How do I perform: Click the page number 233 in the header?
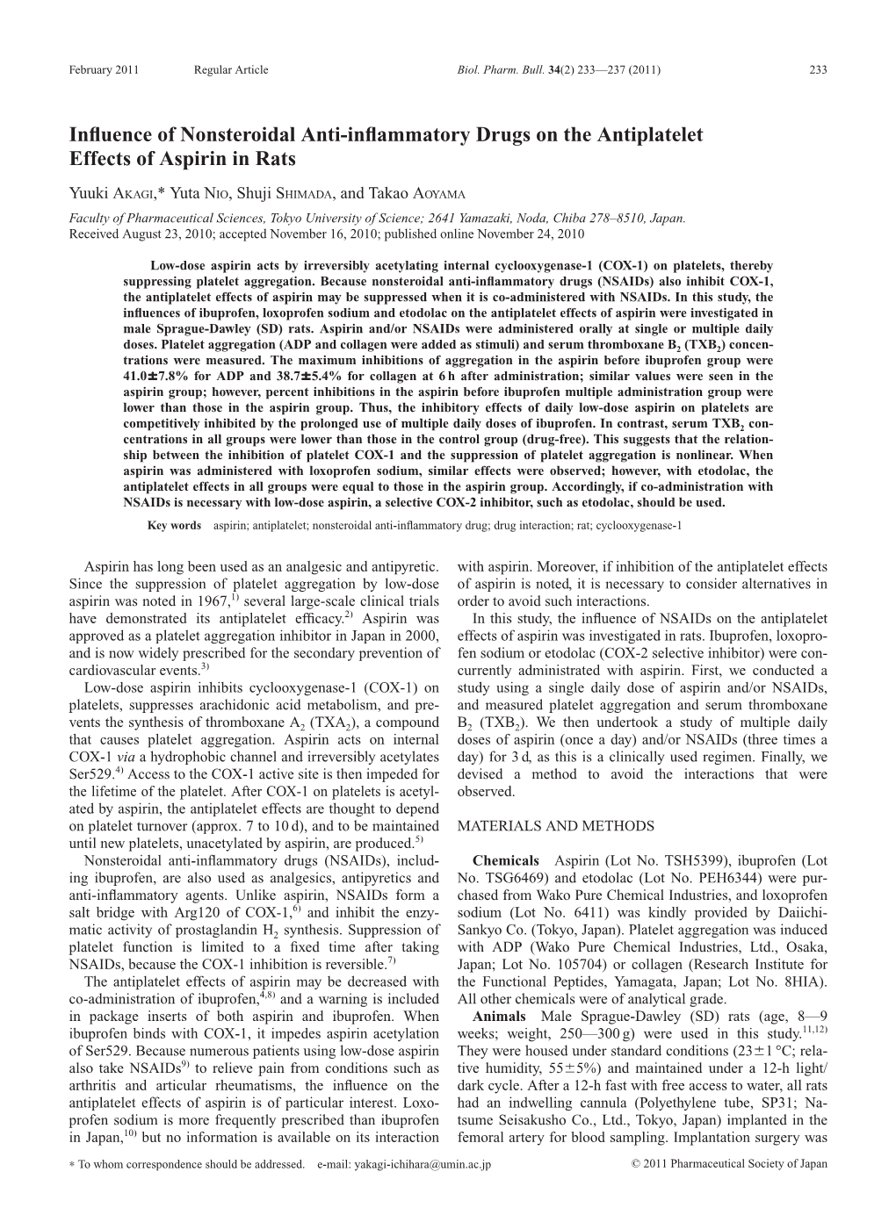818,69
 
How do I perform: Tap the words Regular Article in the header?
231,69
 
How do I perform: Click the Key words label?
175,525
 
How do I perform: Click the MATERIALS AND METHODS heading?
556,826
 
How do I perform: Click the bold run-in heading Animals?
499,1017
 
